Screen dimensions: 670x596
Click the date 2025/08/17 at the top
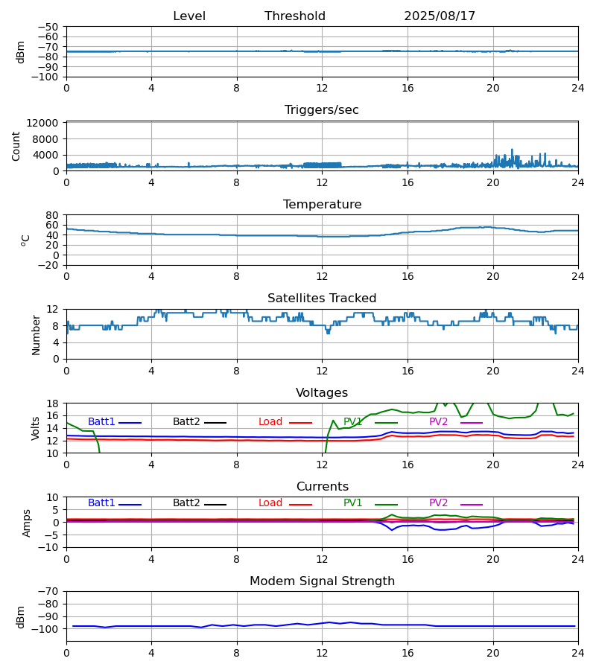(440, 16)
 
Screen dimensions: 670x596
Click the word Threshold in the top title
(295, 16)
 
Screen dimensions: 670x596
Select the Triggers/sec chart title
(322, 110)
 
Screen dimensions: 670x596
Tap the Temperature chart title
(322, 205)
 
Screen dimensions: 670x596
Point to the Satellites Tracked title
(322, 299)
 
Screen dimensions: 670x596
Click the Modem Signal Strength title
(322, 581)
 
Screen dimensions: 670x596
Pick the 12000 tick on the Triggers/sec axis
(45, 123)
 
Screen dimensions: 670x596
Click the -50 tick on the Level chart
(49, 27)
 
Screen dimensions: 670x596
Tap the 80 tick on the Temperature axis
(53, 215)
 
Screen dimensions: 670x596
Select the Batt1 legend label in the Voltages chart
(101, 422)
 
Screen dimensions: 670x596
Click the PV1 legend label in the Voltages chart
(352, 422)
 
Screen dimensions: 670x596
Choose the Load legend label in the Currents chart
(270, 503)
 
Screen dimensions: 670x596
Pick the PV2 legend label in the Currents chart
(438, 503)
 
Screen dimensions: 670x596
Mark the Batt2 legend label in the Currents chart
(186, 503)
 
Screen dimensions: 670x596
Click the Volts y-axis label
(37, 428)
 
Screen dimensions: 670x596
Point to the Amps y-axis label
(27, 523)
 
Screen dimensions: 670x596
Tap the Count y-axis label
(16, 146)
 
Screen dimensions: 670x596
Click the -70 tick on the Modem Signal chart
(49, 592)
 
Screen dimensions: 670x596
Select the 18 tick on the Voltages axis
(53, 403)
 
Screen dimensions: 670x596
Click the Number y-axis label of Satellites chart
(37, 334)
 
